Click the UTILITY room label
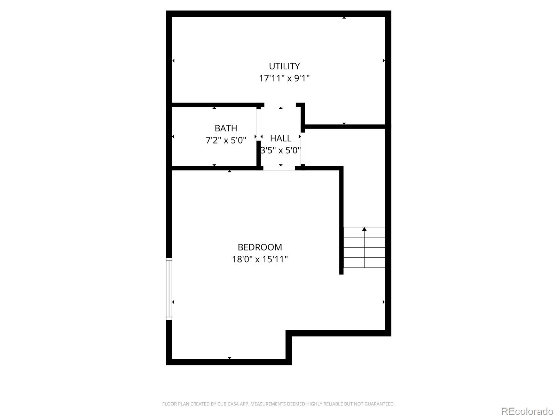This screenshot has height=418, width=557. point(284,66)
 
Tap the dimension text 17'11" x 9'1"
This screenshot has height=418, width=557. point(284,78)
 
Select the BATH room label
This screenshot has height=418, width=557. point(226,128)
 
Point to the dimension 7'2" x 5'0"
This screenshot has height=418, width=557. point(226,140)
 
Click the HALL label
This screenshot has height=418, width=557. point(281,138)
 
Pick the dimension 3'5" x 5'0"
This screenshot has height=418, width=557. point(281,150)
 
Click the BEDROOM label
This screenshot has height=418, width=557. point(260,247)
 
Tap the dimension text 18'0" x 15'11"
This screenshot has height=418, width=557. point(260,260)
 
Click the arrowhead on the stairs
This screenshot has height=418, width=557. point(364,229)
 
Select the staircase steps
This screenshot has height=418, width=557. point(364,247)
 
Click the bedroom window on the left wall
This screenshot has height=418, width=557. point(169,288)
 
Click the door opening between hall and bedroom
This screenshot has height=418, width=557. point(279,168)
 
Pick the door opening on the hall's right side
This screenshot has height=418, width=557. point(303,148)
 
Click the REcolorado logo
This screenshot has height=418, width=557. point(527,411)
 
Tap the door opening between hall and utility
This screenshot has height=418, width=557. point(280,105)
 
